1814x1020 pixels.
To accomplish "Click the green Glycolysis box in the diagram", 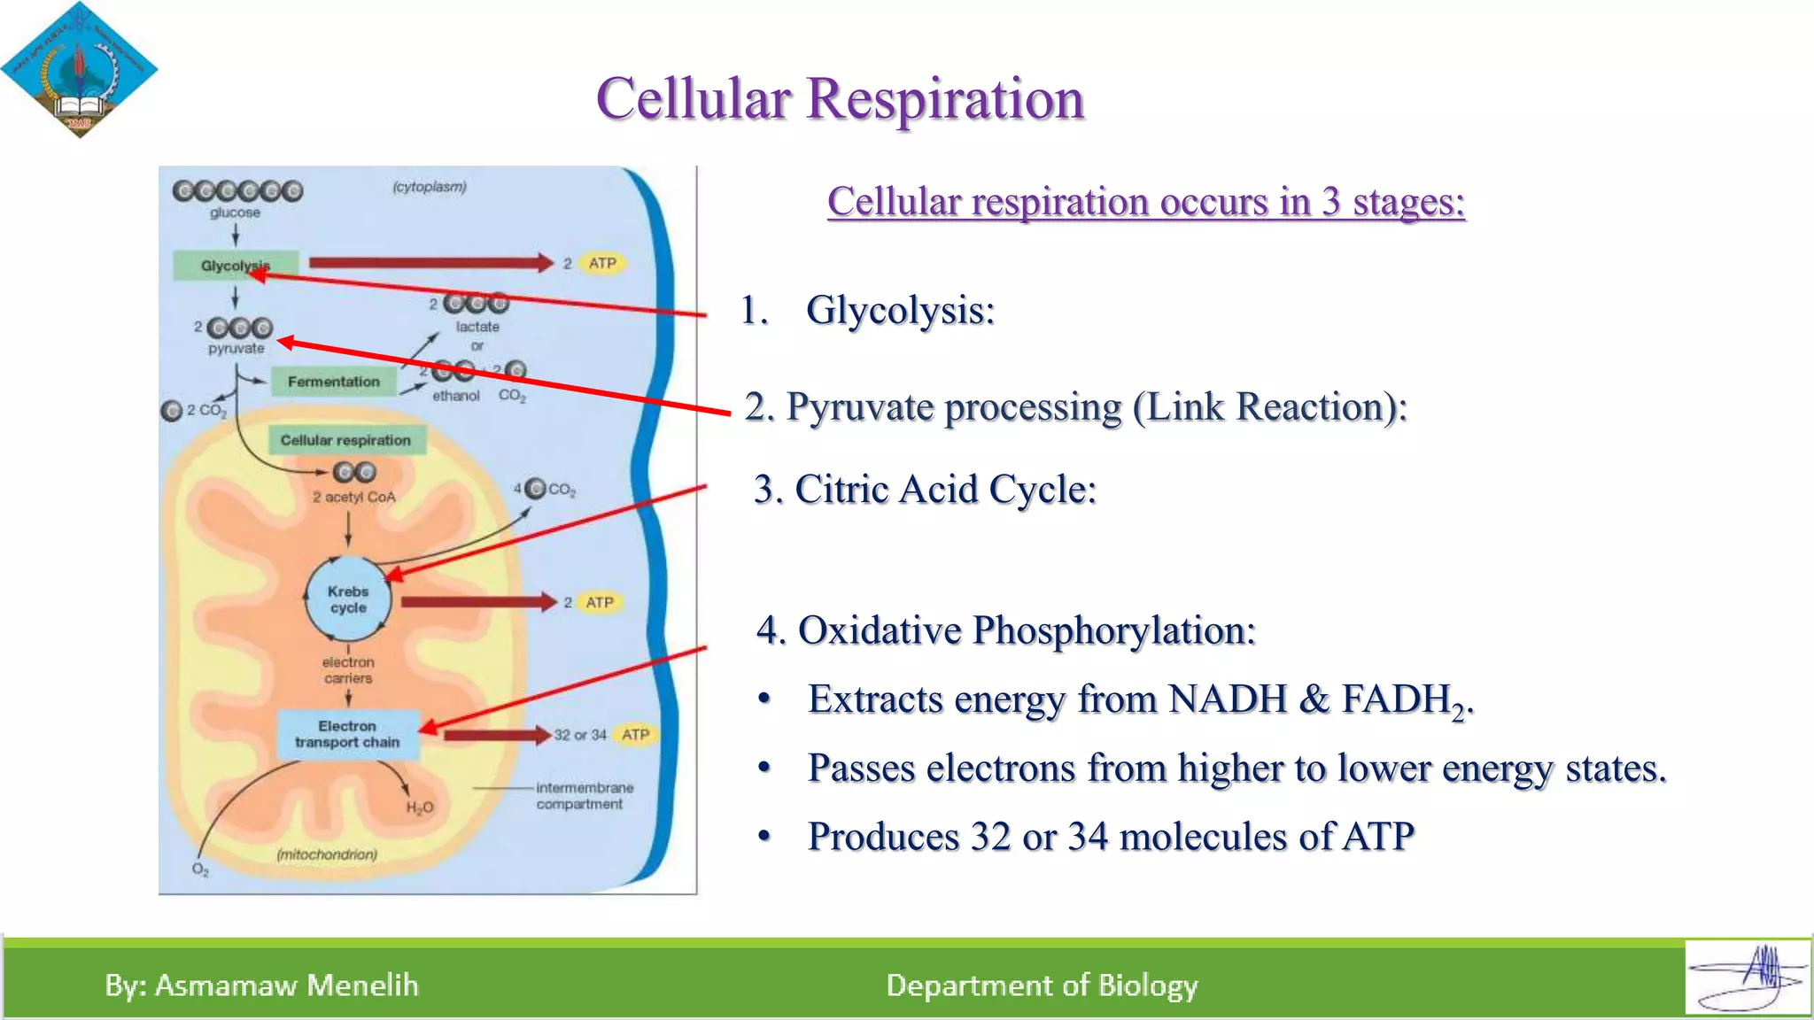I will click(x=235, y=265).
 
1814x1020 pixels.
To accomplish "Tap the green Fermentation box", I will click(x=333, y=382).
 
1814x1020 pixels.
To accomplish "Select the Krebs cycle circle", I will click(x=348, y=599).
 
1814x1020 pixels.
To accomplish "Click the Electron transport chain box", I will click(x=347, y=734).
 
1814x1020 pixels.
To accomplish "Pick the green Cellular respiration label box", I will click(x=345, y=440).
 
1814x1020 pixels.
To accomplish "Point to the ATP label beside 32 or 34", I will click(x=635, y=734).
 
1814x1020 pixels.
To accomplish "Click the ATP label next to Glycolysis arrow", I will click(x=602, y=263).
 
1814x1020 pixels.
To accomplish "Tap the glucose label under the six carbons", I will click(x=235, y=212).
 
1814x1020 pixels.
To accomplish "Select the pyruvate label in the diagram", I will click(x=236, y=348).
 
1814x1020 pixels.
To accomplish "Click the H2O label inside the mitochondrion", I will click(x=420, y=807).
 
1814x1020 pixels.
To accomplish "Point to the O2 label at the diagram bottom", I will click(x=200, y=869).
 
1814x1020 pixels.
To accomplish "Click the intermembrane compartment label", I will click(x=584, y=796).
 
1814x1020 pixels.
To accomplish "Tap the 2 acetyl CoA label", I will click(x=353, y=497).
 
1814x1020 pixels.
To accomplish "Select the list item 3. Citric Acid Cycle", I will click(x=925, y=489).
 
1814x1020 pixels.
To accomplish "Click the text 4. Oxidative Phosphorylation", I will click(x=1005, y=630).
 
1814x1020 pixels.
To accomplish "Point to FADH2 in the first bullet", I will click(x=1406, y=700).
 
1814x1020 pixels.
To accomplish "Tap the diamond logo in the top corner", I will click(x=79, y=70).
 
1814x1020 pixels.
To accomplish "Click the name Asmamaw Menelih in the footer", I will click(x=286, y=985).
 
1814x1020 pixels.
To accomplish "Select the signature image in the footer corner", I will click(x=1747, y=977).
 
